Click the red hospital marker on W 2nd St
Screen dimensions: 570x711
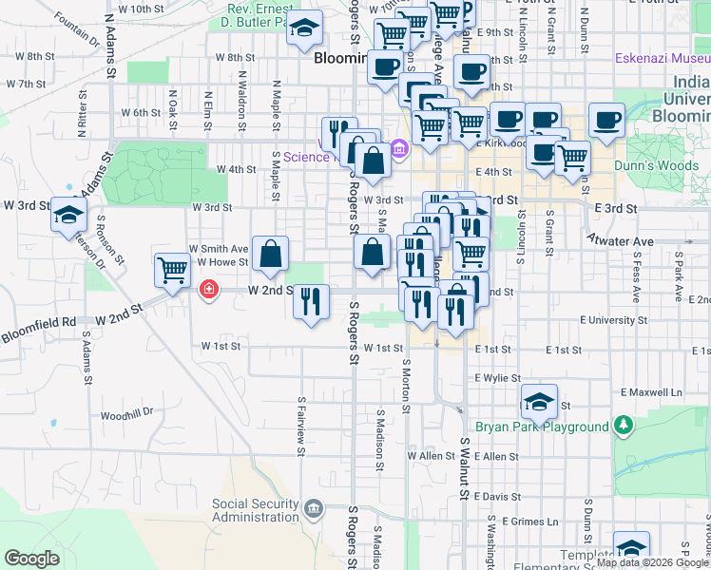pyautogui.click(x=207, y=290)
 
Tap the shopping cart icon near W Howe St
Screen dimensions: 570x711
pyautogui.click(x=172, y=269)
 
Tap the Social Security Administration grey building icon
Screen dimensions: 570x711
pyautogui.click(x=313, y=511)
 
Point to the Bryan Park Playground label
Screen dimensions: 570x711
pyautogui.click(x=542, y=427)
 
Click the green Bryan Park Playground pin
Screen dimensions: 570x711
pyautogui.click(x=623, y=425)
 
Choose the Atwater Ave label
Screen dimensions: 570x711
pyautogui.click(x=619, y=241)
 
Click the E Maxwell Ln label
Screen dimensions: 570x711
pyautogui.click(x=652, y=391)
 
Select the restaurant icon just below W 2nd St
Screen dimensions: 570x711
pyautogui.click(x=312, y=301)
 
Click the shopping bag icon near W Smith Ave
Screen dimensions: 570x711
pyautogui.click(x=271, y=253)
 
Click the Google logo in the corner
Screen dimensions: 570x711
pyautogui.click(x=33, y=559)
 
